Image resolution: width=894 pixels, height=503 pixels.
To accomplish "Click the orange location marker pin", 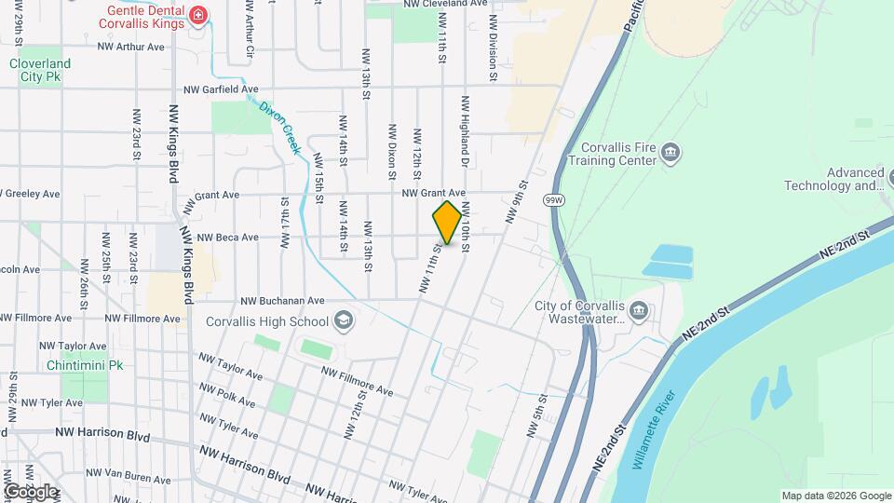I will pos(447,222).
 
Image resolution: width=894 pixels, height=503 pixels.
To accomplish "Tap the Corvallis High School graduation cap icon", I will pos(344,321).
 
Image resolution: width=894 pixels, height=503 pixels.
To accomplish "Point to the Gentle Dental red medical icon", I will pos(197,15).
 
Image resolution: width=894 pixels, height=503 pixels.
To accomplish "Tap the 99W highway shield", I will pos(554,200).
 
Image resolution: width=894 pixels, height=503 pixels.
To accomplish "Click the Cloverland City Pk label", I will pos(40,71).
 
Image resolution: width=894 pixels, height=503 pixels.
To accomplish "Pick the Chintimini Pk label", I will pos(86,366).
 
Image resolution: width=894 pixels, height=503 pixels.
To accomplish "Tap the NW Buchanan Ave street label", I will pos(282,301).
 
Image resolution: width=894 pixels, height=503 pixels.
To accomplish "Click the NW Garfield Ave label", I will pos(222,89).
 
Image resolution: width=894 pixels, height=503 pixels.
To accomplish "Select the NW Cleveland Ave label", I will pos(445,4).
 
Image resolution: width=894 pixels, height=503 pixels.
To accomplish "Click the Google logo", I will pos(31,491).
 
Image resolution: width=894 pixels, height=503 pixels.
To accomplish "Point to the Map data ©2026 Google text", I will pos(836,496).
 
